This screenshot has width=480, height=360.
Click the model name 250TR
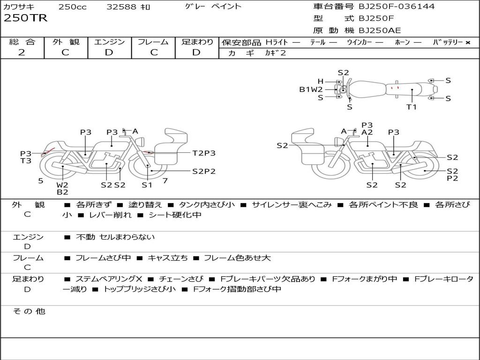(25, 18)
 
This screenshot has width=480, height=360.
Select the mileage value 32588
(121, 7)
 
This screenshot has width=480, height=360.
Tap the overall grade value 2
(22, 52)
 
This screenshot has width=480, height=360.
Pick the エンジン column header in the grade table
(109, 42)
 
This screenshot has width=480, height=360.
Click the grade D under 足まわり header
(196, 52)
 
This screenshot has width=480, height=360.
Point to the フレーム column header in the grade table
(153, 42)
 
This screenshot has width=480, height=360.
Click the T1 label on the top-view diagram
(411, 107)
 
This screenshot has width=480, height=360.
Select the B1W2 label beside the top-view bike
(311, 90)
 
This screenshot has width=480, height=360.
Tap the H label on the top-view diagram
(321, 81)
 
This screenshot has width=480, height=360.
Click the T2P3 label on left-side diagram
(204, 153)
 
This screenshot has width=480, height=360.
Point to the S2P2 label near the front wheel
(204, 171)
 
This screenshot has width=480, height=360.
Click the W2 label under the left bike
(62, 185)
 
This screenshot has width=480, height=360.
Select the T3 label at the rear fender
(26, 161)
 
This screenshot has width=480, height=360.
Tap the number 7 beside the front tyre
(165, 180)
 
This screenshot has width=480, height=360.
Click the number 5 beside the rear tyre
(41, 180)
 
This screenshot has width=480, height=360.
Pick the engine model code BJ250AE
(380, 30)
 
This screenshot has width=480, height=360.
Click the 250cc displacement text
(72, 7)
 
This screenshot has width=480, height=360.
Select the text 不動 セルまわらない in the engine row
(115, 237)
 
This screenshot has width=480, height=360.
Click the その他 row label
(29, 311)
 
